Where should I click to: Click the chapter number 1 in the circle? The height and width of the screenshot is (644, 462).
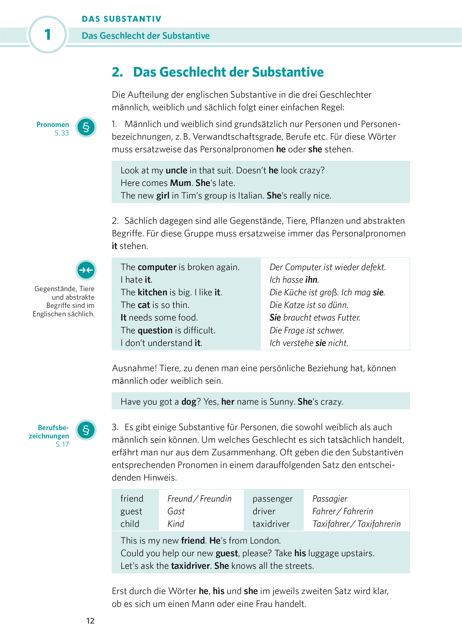48,35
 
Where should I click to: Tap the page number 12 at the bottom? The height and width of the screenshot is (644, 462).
90,621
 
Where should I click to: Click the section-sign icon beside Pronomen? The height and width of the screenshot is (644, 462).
86,127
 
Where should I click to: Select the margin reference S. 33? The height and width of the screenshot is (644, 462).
62,133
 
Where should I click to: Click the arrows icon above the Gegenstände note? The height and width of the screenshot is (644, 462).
86,270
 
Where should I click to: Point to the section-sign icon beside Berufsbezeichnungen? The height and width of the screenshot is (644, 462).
86,430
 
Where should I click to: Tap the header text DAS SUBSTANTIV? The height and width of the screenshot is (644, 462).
121,19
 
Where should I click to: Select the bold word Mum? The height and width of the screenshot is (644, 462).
180,183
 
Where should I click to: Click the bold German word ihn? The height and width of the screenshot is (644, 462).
311,280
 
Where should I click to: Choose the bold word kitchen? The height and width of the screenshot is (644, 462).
152,293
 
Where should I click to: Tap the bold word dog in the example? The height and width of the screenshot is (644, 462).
189,402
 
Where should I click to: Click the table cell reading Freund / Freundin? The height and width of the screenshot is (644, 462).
199,499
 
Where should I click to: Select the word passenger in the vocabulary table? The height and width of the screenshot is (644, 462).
272,499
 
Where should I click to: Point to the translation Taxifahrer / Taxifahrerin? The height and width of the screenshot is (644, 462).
356,524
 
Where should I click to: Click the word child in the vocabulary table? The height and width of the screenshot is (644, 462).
130,524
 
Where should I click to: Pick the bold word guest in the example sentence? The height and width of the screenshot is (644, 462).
227,553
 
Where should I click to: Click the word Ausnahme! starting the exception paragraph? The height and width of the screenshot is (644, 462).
134,368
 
